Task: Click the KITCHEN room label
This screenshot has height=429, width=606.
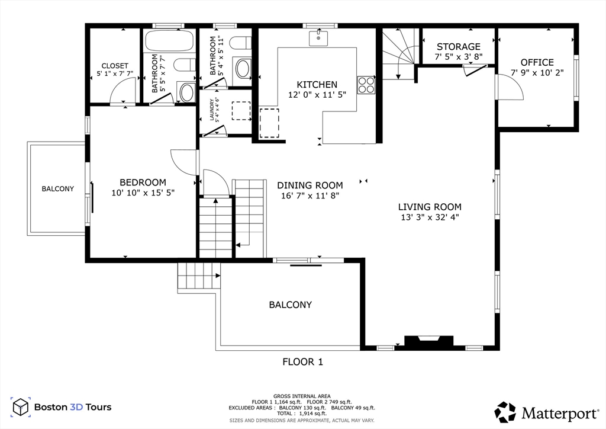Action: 317,84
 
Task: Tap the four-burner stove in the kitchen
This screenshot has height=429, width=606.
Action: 366,85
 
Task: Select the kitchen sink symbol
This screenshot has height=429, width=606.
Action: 318,39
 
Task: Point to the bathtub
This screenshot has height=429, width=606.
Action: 169,41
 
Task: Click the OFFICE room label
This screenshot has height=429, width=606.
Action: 537,62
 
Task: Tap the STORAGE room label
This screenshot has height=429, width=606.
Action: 459,47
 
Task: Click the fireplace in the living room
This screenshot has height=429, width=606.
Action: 428,341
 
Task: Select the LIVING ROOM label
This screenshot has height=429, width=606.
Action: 430,207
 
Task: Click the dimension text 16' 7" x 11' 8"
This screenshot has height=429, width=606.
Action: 310,196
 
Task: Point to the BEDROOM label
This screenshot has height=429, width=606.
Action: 143,182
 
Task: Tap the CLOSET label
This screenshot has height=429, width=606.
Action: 115,66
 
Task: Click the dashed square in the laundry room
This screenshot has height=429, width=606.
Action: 241,111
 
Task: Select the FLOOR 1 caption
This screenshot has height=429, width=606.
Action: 302,361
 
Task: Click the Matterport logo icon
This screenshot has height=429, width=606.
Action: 505,412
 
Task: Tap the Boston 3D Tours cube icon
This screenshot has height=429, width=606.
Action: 21,407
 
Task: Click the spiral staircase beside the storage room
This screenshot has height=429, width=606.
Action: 399,54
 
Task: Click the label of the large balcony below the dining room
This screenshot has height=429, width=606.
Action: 290,305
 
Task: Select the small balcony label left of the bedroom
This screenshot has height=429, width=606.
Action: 58,189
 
